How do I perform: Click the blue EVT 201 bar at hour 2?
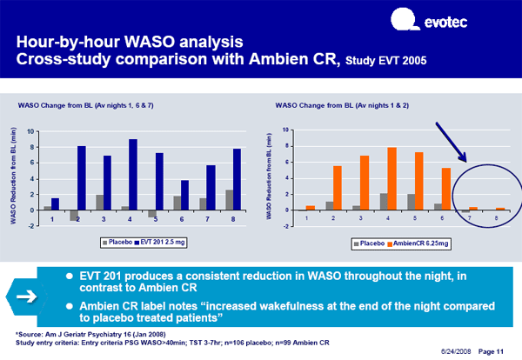(x=82, y=177)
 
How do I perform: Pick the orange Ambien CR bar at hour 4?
(x=367, y=178)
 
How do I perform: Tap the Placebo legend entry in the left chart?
(x=118, y=241)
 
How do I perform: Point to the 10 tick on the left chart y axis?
(x=31, y=131)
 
